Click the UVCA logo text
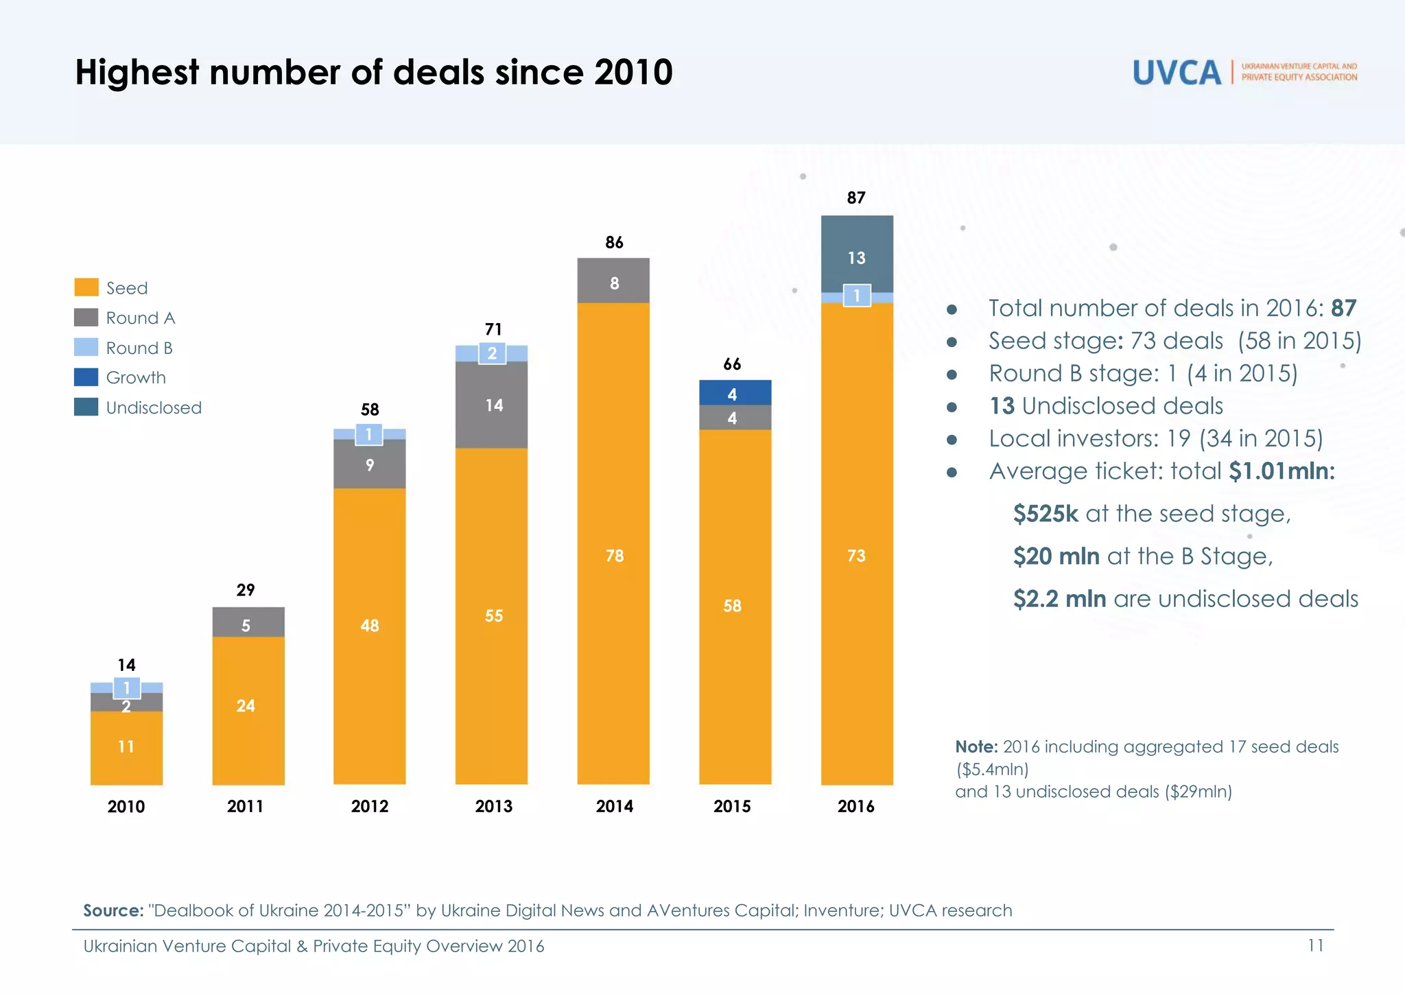1177,73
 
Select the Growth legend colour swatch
86,377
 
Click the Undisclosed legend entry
153,407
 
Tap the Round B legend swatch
86,348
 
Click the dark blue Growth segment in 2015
735,392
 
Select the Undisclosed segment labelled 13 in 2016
857,254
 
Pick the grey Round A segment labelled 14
492,405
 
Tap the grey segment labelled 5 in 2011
248,622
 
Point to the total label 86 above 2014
614,242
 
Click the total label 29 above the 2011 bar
246,590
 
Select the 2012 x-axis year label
370,807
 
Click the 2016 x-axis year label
855,807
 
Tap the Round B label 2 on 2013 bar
492,353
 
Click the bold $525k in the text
1046,514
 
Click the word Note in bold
976,746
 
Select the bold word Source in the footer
113,910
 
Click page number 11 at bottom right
1315,945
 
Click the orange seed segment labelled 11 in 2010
126,747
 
